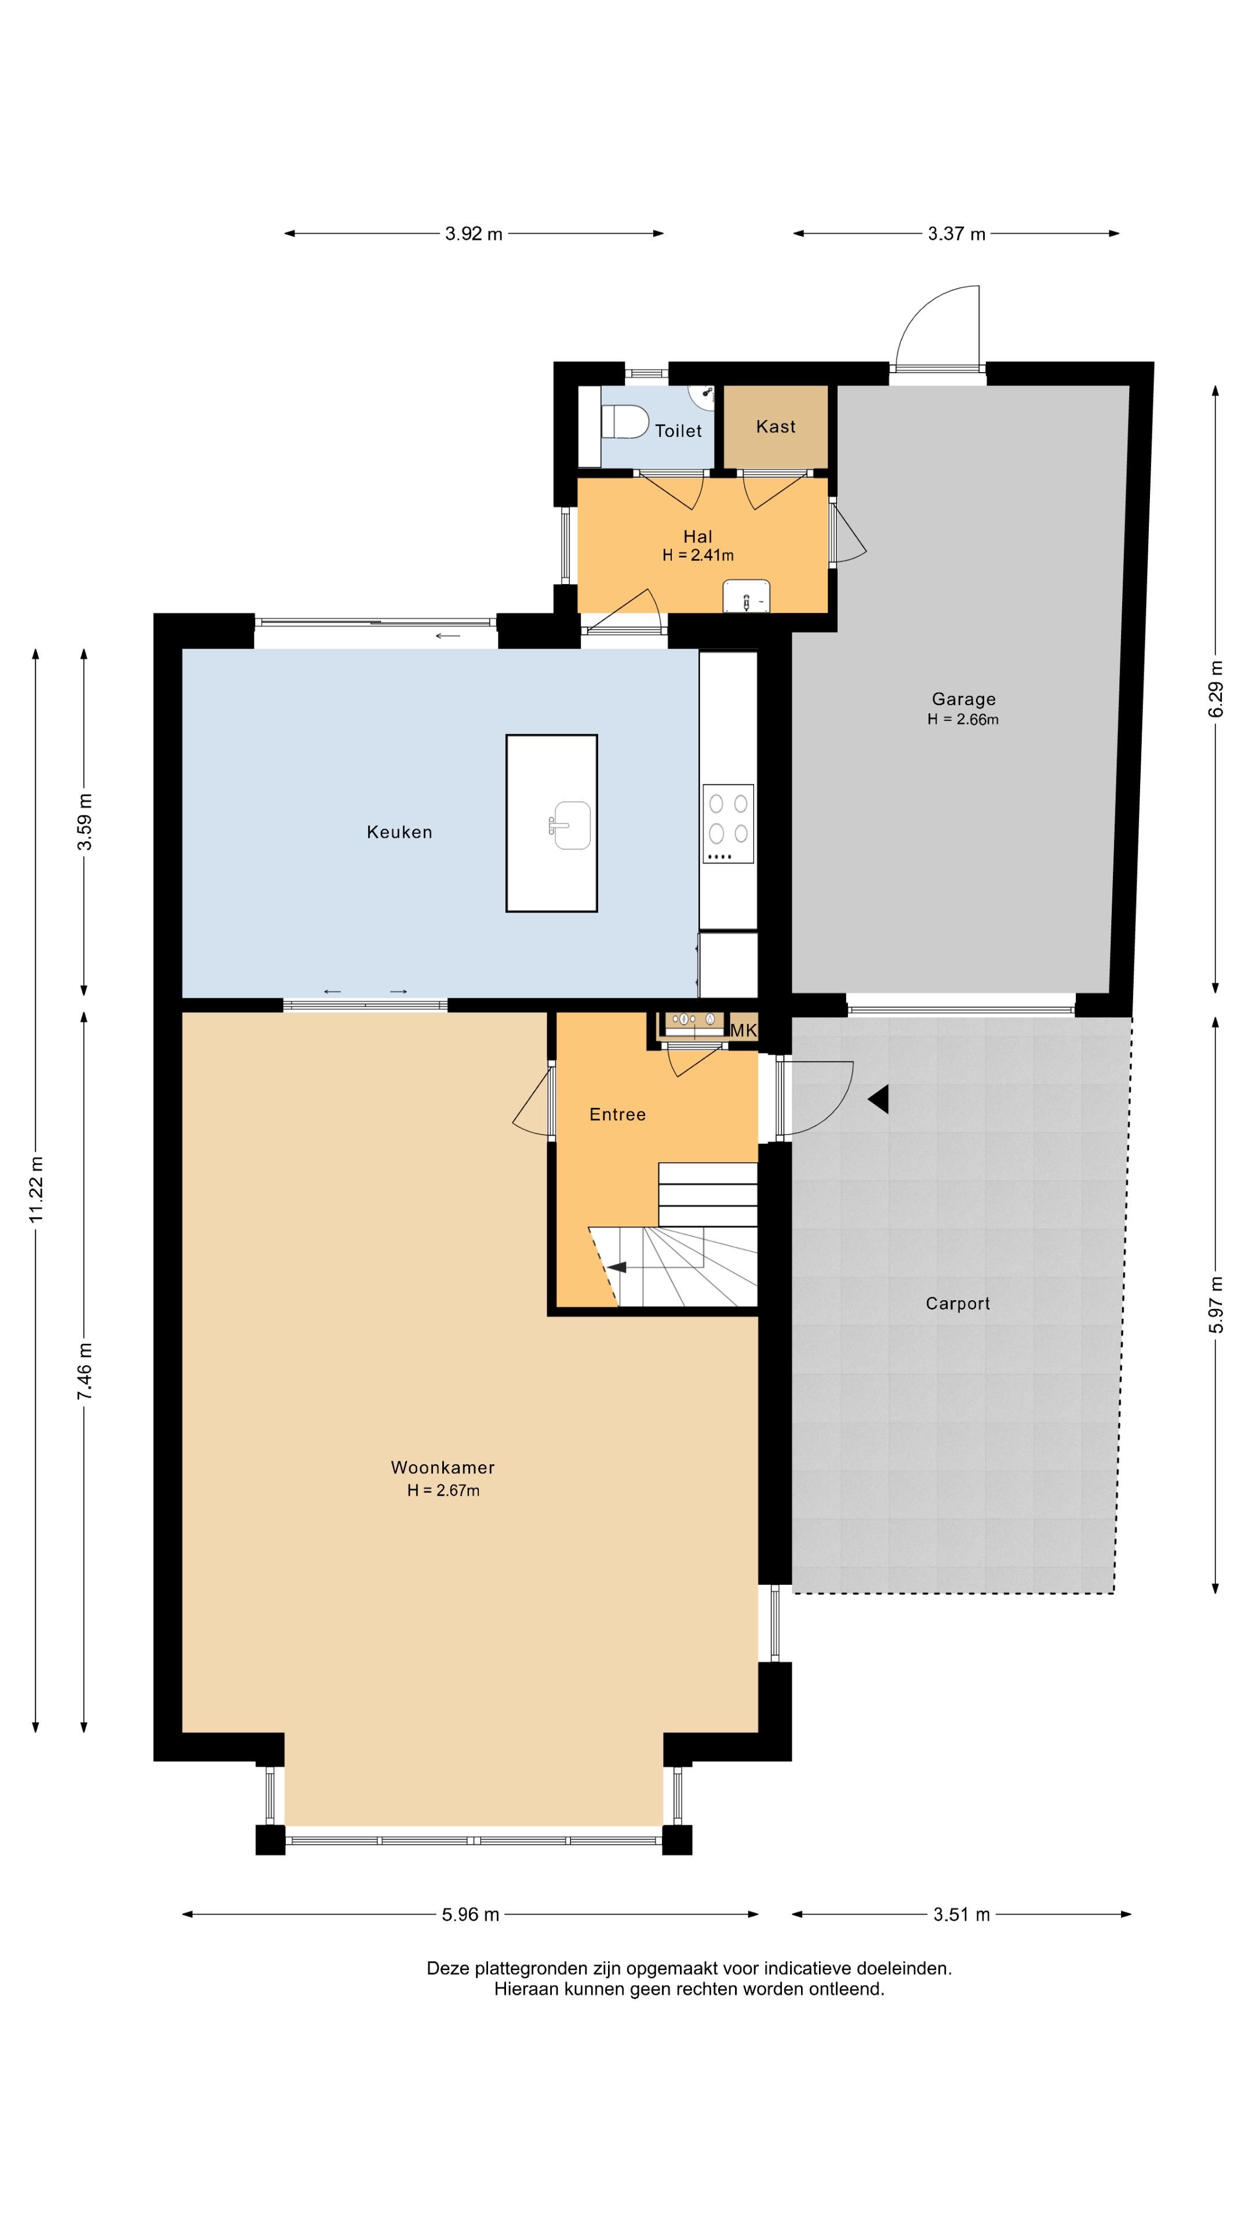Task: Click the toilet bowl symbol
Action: pos(625,421)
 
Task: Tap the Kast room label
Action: pos(775,426)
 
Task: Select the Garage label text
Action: pos(963,699)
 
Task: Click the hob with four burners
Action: pos(727,823)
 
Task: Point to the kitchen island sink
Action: pos(571,825)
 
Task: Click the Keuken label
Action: pos(399,832)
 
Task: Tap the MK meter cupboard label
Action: pos(743,1030)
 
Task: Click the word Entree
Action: pos(617,1114)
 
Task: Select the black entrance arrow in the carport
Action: pos(878,1100)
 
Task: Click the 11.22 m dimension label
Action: pos(35,1190)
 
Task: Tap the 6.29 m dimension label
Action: pos(1215,688)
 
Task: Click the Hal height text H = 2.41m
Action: pos(698,556)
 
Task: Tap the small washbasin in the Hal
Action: pos(747,596)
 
